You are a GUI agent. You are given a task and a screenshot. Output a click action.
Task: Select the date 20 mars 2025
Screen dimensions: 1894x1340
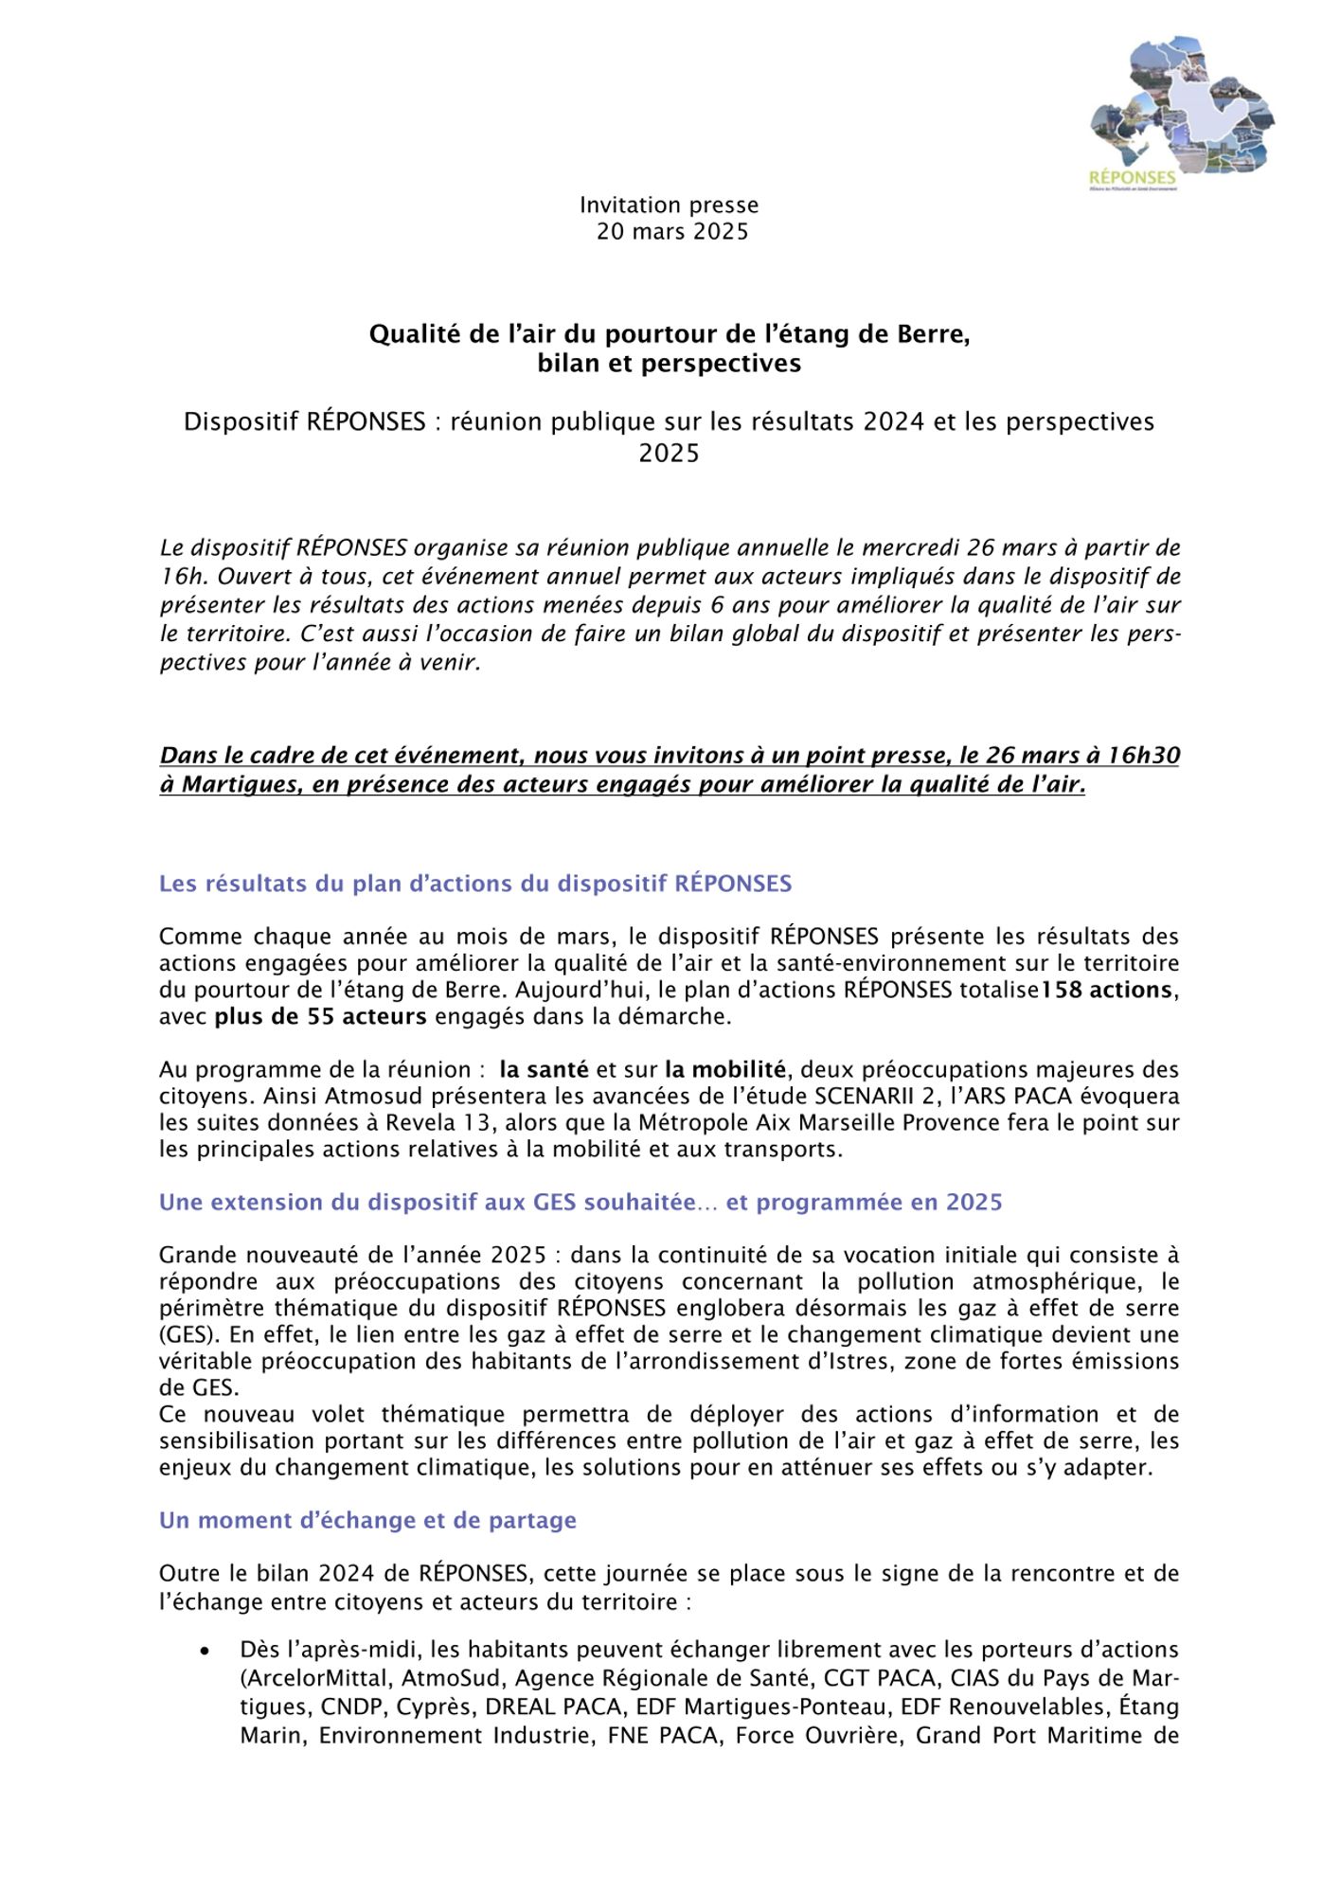click(x=671, y=231)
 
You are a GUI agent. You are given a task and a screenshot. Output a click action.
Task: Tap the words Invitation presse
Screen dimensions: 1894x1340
click(x=669, y=205)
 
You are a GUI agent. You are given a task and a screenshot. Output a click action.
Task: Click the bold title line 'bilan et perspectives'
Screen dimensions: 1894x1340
click(x=669, y=364)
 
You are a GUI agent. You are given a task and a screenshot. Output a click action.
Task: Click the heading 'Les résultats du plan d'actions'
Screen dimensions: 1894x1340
click(x=474, y=884)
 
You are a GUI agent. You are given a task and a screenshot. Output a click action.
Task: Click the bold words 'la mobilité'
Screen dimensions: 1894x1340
click(x=724, y=1070)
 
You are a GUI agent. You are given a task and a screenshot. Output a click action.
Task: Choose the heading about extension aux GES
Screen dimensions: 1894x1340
click(x=580, y=1203)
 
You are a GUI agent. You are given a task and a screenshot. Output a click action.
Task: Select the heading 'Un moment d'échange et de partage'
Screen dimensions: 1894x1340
click(x=367, y=1521)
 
